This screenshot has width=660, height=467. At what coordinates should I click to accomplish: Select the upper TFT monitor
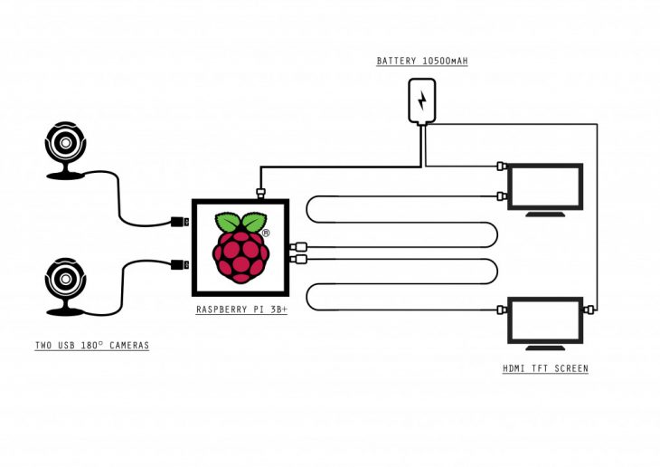[x=545, y=187]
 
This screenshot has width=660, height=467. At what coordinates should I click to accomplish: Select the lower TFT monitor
[x=545, y=320]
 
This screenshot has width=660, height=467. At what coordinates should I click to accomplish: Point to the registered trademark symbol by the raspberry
[x=265, y=233]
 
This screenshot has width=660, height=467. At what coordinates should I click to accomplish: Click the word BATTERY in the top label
[x=397, y=62]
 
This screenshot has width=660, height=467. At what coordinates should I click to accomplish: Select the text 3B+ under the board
[x=274, y=310]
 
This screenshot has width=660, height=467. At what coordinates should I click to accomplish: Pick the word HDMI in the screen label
[x=514, y=369]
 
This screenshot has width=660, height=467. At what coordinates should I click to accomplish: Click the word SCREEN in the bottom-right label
[x=570, y=369]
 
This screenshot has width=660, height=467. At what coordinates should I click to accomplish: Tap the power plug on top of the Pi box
[x=260, y=192]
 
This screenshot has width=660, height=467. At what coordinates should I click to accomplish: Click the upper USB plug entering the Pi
[x=180, y=221]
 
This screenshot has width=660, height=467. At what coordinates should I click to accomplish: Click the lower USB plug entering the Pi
[x=180, y=265]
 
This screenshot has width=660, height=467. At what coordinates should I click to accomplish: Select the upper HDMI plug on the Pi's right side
[x=299, y=246]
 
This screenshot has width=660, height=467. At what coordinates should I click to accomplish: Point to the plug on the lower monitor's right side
[x=590, y=310]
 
